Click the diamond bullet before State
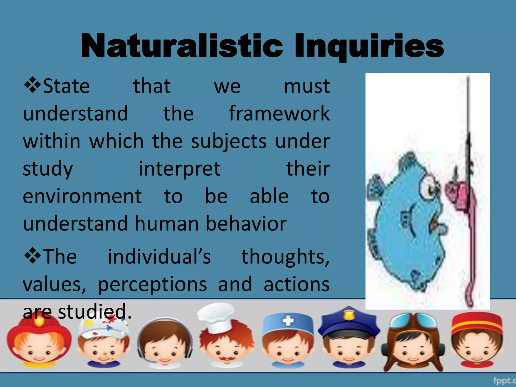click(33, 85)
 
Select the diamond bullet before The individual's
click(33, 255)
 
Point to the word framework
click(279, 113)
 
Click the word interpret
click(180, 169)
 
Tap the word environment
click(82, 196)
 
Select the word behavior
click(246, 223)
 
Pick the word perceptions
click(152, 284)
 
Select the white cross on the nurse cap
click(288, 321)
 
